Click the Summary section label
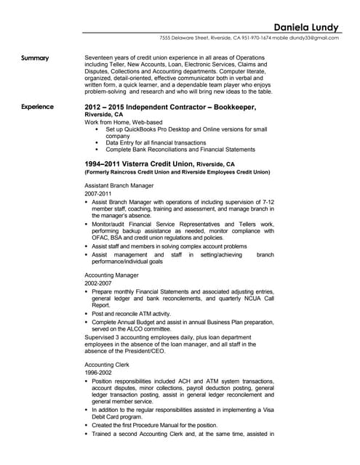point(35,58)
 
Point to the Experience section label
point(37,107)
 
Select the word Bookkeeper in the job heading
point(239,107)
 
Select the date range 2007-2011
point(99,195)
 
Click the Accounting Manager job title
point(112,278)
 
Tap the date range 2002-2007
point(99,286)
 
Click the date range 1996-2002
point(99,371)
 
